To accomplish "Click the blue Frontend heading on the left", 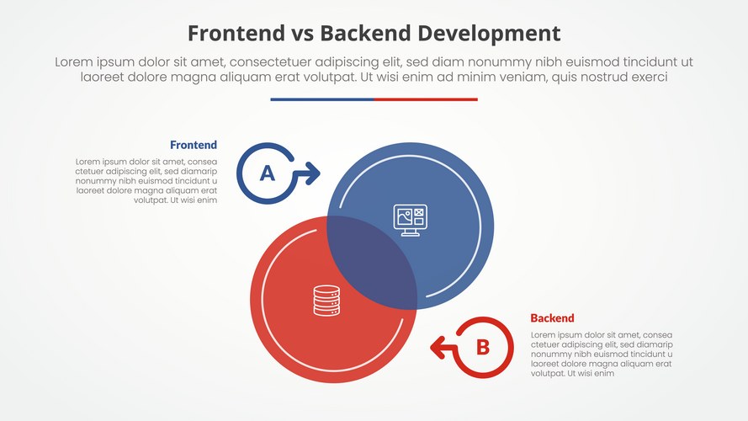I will click(194, 145).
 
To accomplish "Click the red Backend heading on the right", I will click(552, 318).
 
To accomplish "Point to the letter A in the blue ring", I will click(267, 173).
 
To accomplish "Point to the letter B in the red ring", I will click(482, 347).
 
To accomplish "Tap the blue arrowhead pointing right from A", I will click(313, 173).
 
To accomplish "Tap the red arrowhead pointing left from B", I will click(437, 345).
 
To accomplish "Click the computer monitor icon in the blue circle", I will click(411, 220).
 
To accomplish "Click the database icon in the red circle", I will click(326, 301).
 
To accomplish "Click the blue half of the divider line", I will click(321, 99).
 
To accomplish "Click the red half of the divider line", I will click(426, 99).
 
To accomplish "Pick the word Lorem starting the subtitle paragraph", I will click(72, 62).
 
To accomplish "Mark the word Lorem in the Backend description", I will click(545, 335).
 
